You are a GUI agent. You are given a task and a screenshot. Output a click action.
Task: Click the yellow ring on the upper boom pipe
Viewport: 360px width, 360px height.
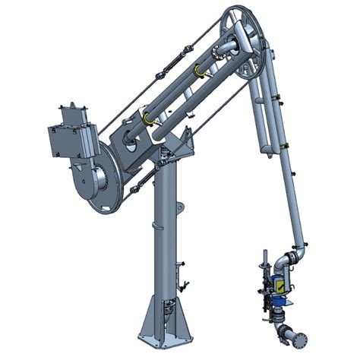point(200,71)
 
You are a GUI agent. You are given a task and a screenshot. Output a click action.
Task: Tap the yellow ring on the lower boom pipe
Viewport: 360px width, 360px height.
point(148,119)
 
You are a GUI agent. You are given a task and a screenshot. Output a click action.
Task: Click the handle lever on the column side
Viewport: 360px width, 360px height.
point(182,286)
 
